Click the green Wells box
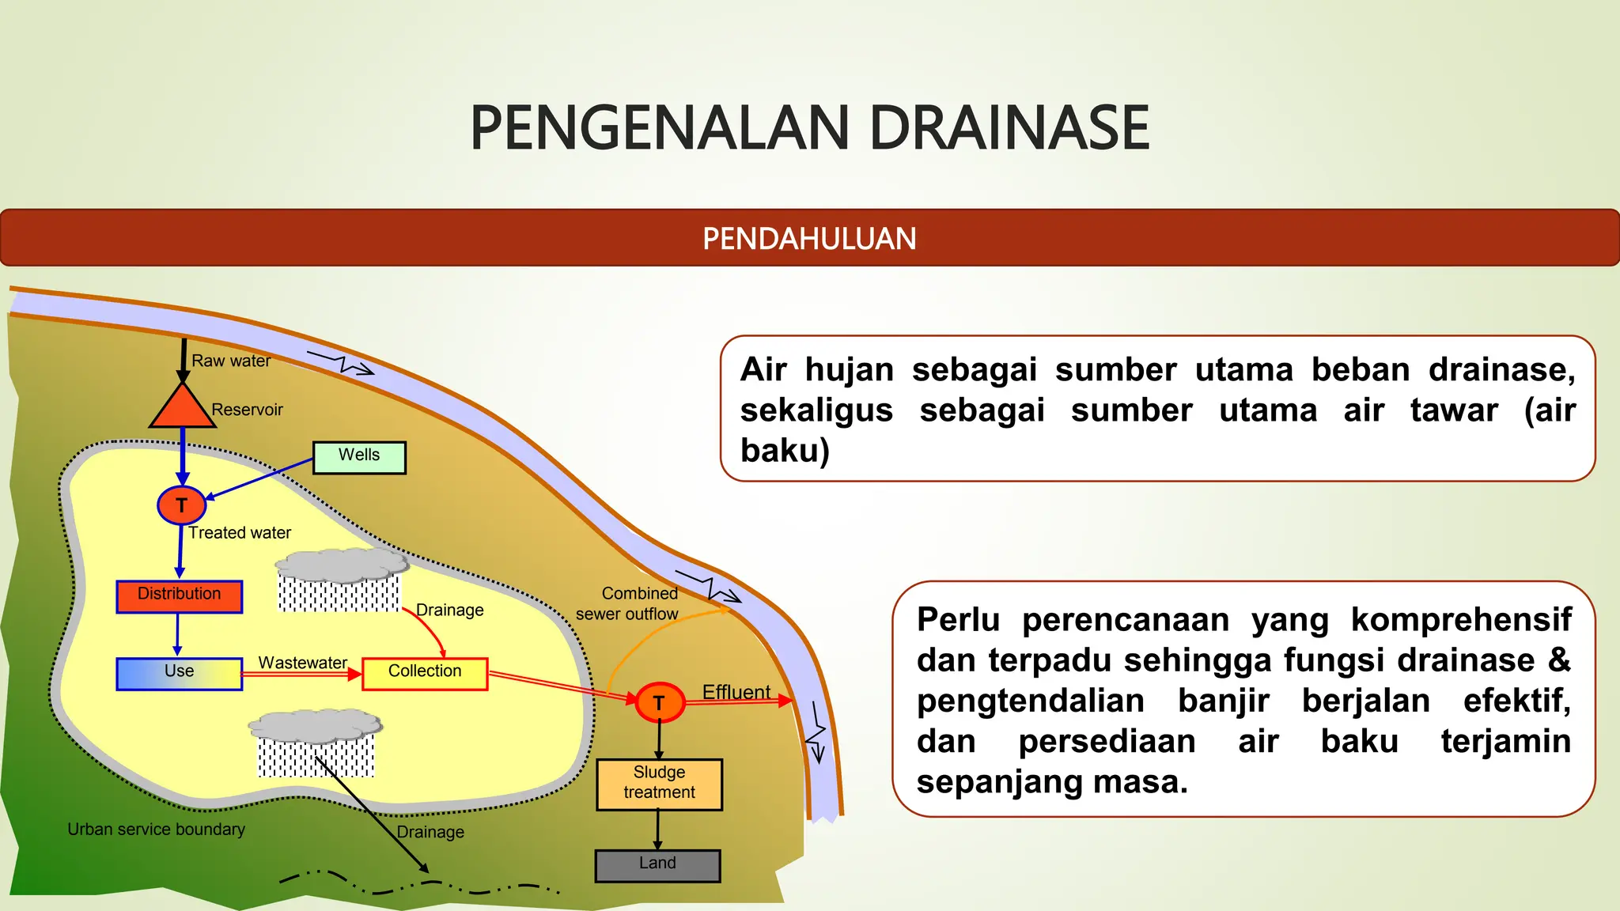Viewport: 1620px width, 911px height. (359, 457)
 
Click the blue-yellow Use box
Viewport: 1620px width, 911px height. (180, 674)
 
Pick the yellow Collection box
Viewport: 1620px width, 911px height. (425, 674)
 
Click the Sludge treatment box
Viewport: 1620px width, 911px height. (659, 784)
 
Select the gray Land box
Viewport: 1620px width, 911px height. (657, 865)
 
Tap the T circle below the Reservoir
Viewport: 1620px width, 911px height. (182, 505)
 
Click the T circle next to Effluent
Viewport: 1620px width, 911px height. (660, 702)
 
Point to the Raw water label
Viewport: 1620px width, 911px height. (231, 361)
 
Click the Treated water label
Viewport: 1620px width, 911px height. (240, 533)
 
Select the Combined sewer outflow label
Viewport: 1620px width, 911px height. (627, 603)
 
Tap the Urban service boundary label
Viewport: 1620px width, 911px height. (156, 830)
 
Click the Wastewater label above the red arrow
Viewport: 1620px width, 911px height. (302, 663)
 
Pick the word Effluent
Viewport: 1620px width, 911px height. (736, 692)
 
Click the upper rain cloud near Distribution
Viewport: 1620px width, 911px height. (342, 566)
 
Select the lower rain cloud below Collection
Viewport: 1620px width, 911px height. (315, 726)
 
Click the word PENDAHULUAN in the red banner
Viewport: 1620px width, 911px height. (809, 239)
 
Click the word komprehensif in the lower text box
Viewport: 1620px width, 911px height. (1460, 619)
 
